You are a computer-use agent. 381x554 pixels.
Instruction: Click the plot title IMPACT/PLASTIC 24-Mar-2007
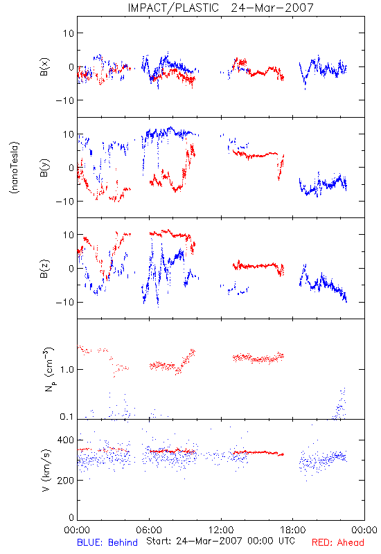coord(220,8)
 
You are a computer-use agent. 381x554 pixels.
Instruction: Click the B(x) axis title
coord(44,66)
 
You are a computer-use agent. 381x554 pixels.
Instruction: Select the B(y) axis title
coord(44,168)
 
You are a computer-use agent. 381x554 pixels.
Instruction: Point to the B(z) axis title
coord(44,269)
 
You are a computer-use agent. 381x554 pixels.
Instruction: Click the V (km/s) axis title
coord(46,470)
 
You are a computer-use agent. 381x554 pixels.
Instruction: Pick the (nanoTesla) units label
coord(15,168)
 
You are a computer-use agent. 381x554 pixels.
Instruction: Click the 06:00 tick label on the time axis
coord(149,530)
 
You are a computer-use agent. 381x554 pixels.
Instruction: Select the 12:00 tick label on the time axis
coord(221,530)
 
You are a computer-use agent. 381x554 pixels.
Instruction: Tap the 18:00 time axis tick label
coord(293,530)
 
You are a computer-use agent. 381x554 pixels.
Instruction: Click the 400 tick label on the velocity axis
coord(65,440)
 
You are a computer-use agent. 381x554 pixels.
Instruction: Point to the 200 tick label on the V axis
coord(65,481)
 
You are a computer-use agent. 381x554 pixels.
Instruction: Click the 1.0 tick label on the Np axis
coord(67,369)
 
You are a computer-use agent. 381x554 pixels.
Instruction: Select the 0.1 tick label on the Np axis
coord(67,417)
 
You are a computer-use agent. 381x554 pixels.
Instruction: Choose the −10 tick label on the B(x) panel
coord(64,100)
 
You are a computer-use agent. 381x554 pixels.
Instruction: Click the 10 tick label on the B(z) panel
coord(69,235)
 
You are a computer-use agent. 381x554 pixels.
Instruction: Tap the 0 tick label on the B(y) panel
coord(71,168)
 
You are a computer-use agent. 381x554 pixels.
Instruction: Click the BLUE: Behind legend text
coord(107,542)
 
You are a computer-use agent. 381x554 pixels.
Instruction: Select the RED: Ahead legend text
coord(338,542)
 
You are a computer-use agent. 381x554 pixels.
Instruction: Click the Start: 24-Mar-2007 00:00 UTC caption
coord(221,541)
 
